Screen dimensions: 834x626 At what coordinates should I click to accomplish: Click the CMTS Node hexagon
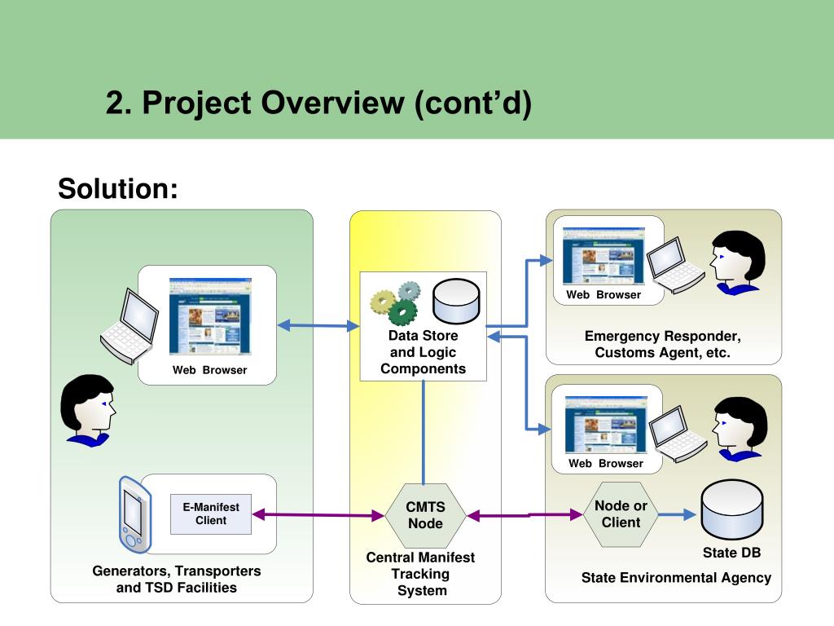point(425,515)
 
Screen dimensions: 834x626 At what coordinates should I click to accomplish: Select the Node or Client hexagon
point(621,514)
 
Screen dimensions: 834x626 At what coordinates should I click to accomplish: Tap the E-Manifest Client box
point(211,514)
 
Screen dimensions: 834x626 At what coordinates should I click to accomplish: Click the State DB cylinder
point(732,509)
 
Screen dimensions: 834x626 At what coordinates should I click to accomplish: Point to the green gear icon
point(402,312)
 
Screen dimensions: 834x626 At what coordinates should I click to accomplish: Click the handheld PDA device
point(135,514)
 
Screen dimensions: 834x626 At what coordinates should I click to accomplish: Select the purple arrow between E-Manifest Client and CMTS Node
point(318,515)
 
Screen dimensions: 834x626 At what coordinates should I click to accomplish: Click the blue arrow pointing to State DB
point(677,514)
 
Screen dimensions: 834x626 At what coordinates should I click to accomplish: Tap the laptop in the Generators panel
point(129,326)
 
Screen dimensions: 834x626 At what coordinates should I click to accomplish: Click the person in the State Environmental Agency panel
point(740,429)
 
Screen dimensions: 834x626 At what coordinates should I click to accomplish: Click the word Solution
point(117,188)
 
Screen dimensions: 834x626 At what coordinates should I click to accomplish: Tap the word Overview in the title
point(332,102)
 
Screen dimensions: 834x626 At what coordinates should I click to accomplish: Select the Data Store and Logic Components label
point(423,352)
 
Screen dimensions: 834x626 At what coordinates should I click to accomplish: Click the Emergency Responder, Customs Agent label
point(663,344)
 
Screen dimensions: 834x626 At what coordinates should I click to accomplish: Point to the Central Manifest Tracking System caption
point(421,574)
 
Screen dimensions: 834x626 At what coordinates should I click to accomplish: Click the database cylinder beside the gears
point(456,301)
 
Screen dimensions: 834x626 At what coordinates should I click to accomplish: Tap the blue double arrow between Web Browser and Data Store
point(318,325)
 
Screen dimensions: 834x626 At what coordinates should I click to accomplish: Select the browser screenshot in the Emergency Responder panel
point(604,256)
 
